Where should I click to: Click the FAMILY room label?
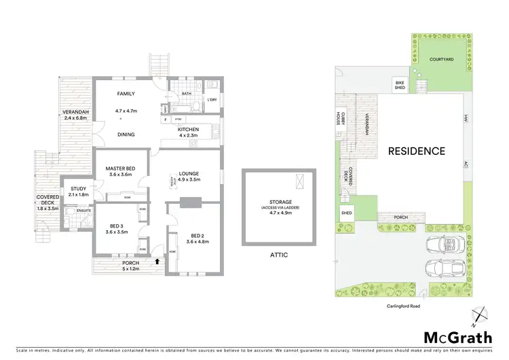tap(126, 94)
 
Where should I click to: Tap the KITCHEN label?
tap(188, 129)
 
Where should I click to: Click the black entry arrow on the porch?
tap(158, 261)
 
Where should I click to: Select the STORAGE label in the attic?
tap(280, 202)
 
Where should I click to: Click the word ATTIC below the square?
tap(280, 255)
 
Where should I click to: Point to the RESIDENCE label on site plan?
tap(417, 151)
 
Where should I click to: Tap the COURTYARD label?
tap(442, 60)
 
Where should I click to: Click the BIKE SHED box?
tap(400, 85)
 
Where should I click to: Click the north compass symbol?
tap(480, 314)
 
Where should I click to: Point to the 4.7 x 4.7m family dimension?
tap(126, 110)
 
